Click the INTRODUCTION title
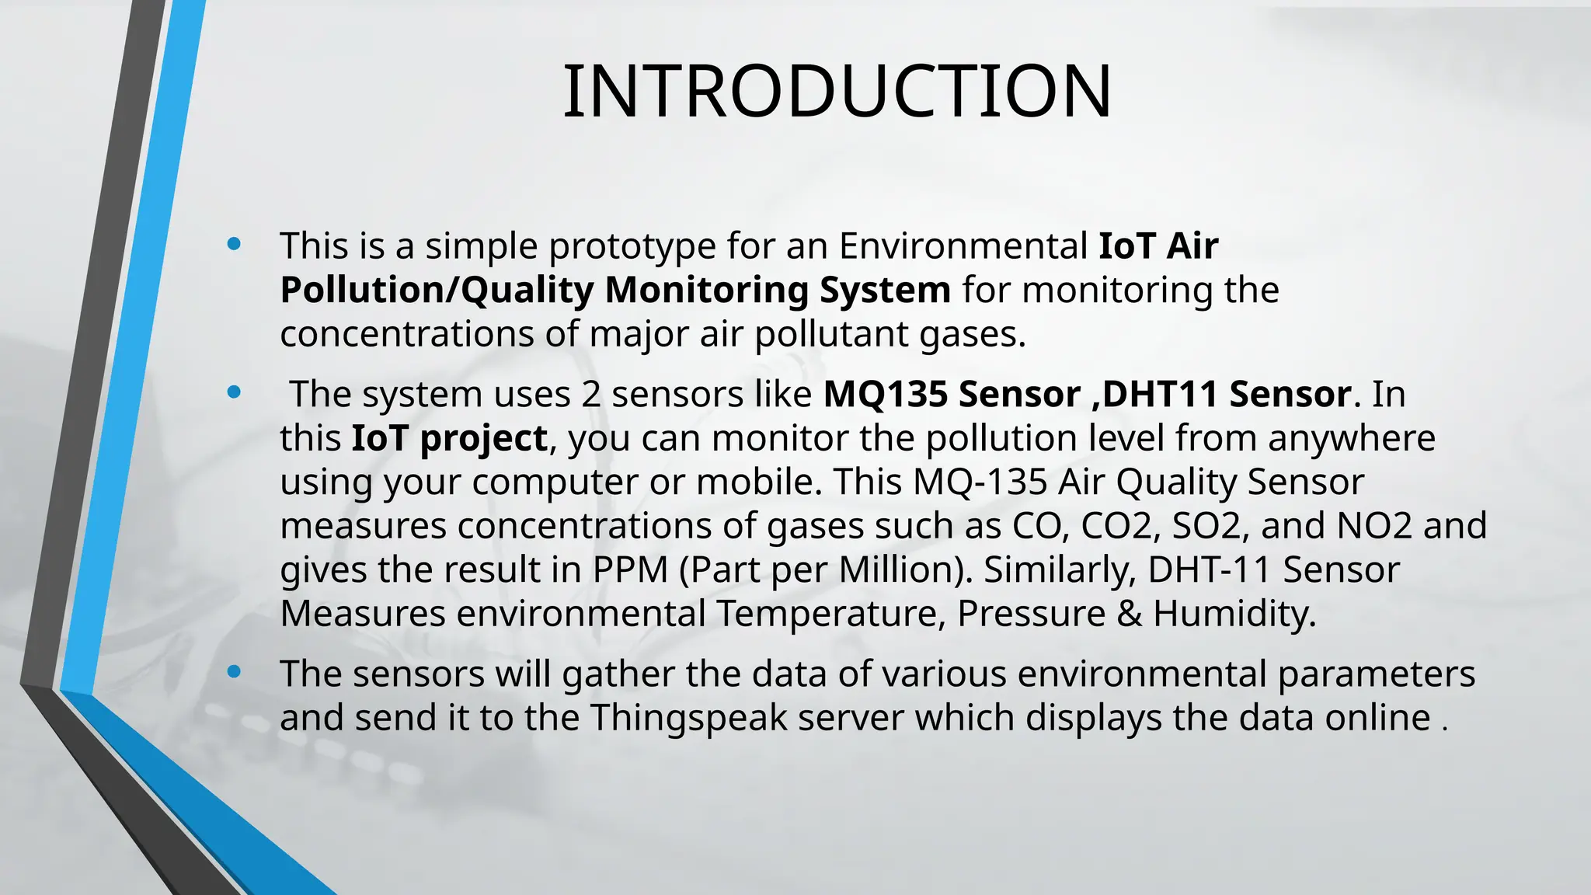[837, 92]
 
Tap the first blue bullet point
[234, 245]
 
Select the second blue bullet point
[234, 393]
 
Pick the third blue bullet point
[234, 672]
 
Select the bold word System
[885, 291]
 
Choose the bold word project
[483, 438]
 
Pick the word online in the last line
[1377, 717]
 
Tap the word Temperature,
[830, 614]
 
